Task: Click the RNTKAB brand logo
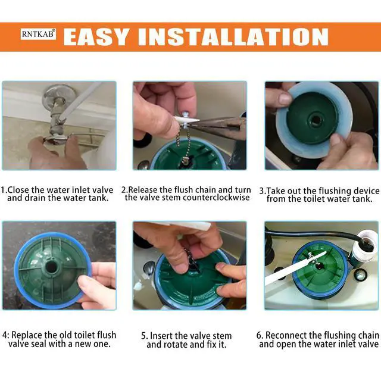38,34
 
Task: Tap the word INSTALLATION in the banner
233,37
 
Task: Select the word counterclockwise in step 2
216,198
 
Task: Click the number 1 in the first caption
2,190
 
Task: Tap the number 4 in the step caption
5,335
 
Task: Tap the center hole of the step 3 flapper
315,120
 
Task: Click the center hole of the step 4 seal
51,267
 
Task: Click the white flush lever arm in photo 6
295,268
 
